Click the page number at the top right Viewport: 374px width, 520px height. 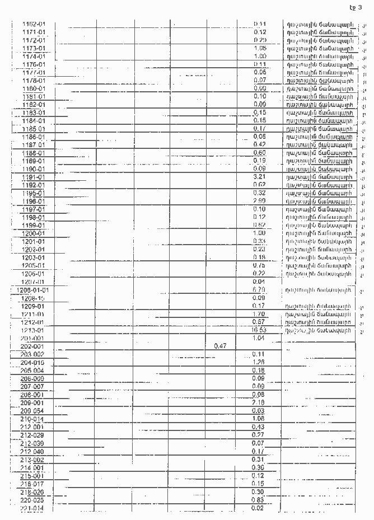pos(356,7)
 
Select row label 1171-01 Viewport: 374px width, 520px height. pos(34,32)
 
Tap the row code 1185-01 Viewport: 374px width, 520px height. pos(34,129)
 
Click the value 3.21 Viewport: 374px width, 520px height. pos(259,177)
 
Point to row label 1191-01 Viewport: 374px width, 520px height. pos(34,177)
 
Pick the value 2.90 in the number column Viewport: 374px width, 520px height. pos(259,201)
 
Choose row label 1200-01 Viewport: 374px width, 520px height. pos(34,233)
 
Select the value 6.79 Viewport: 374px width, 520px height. pos(259,289)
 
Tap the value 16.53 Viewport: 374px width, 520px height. pos(259,330)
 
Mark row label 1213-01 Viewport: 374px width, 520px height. pos(34,331)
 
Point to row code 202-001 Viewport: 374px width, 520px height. pos(32,346)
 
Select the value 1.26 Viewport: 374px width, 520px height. pos(259,362)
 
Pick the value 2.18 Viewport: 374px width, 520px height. pos(259,402)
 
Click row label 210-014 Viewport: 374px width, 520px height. pos(32,419)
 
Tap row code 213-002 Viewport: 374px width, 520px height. pos(32,460)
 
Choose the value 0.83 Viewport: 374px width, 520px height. pos(258,499)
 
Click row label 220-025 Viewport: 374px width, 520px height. pos(32,500)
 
